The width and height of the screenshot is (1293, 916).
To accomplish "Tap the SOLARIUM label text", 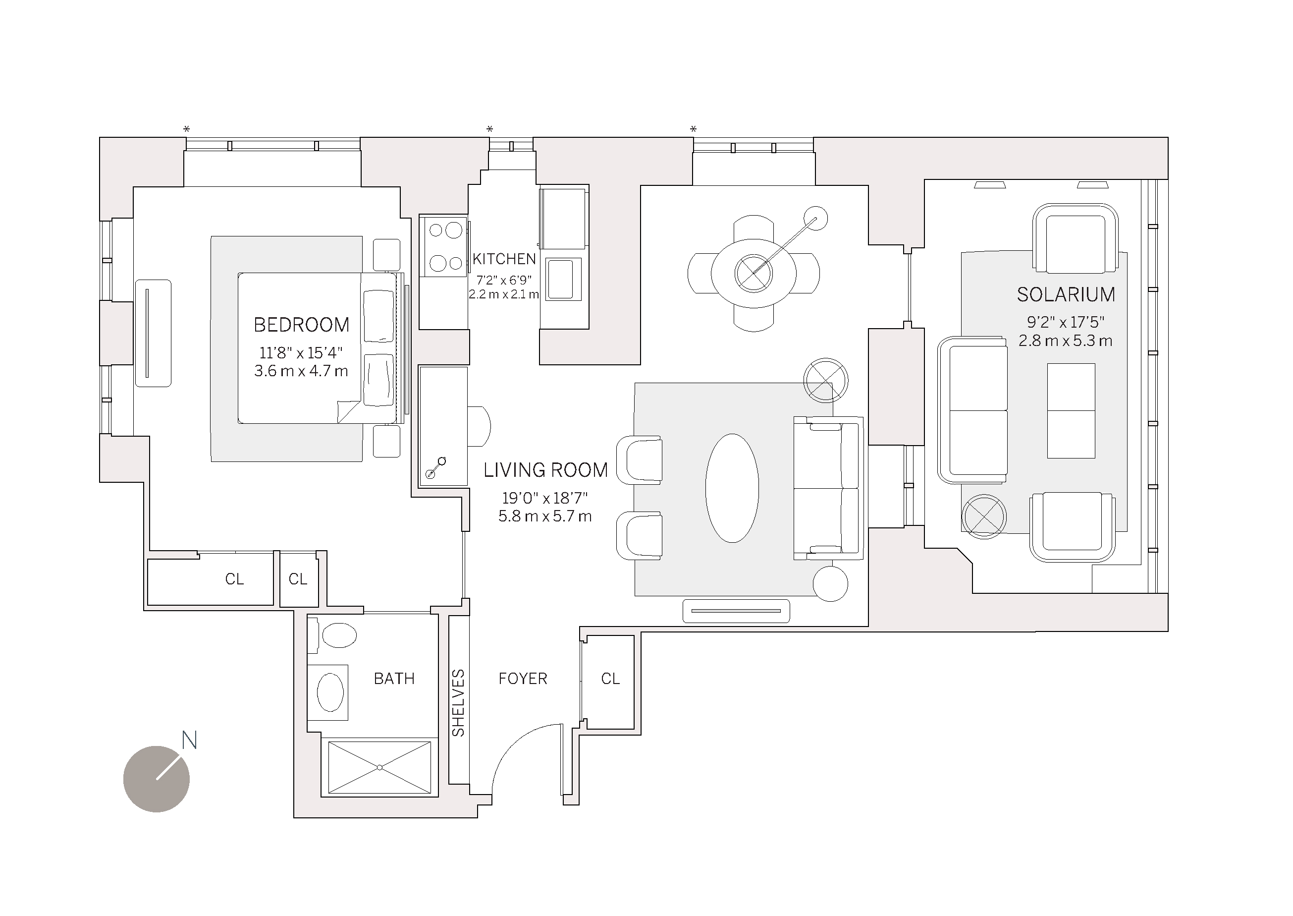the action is point(1065,294).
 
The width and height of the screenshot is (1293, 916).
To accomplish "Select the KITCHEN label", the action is point(504,259).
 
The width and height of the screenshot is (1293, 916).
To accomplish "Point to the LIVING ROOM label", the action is point(545,470).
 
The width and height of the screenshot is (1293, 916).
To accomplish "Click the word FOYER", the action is point(523,679).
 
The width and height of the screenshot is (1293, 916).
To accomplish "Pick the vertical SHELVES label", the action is point(458,703).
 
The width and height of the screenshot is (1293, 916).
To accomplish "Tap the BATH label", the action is point(394,679).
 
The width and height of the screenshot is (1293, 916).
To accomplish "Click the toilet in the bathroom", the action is point(338,635).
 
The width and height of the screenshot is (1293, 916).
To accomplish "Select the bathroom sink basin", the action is point(330,692).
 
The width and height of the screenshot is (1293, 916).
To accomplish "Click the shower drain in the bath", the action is point(380,768).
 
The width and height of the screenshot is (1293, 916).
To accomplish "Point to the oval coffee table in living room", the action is point(732,488).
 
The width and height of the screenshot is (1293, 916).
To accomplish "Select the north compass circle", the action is point(156,780).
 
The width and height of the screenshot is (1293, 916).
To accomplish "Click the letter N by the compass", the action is point(189,740).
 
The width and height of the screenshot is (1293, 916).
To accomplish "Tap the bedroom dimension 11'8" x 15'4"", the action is point(301,353).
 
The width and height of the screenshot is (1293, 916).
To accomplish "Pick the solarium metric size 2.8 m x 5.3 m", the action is point(1065,341).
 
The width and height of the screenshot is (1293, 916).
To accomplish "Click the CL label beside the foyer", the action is point(610,679).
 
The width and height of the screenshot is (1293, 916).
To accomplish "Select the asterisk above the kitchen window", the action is point(490,129).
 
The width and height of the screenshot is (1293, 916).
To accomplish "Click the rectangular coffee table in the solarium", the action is point(1071,410).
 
